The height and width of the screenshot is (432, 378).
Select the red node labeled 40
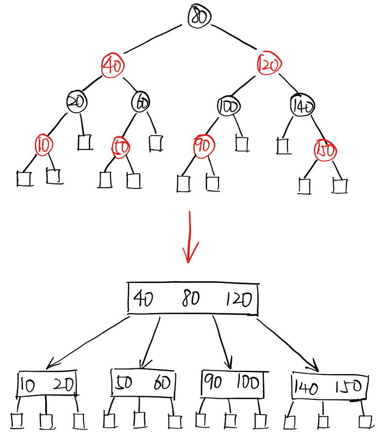[x=113, y=65]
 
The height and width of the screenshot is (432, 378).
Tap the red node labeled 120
[x=269, y=64]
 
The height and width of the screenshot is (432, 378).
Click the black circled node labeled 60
[x=141, y=102]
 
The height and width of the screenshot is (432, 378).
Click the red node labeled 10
[x=44, y=144]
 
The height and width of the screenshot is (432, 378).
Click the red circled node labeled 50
[x=120, y=148]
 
